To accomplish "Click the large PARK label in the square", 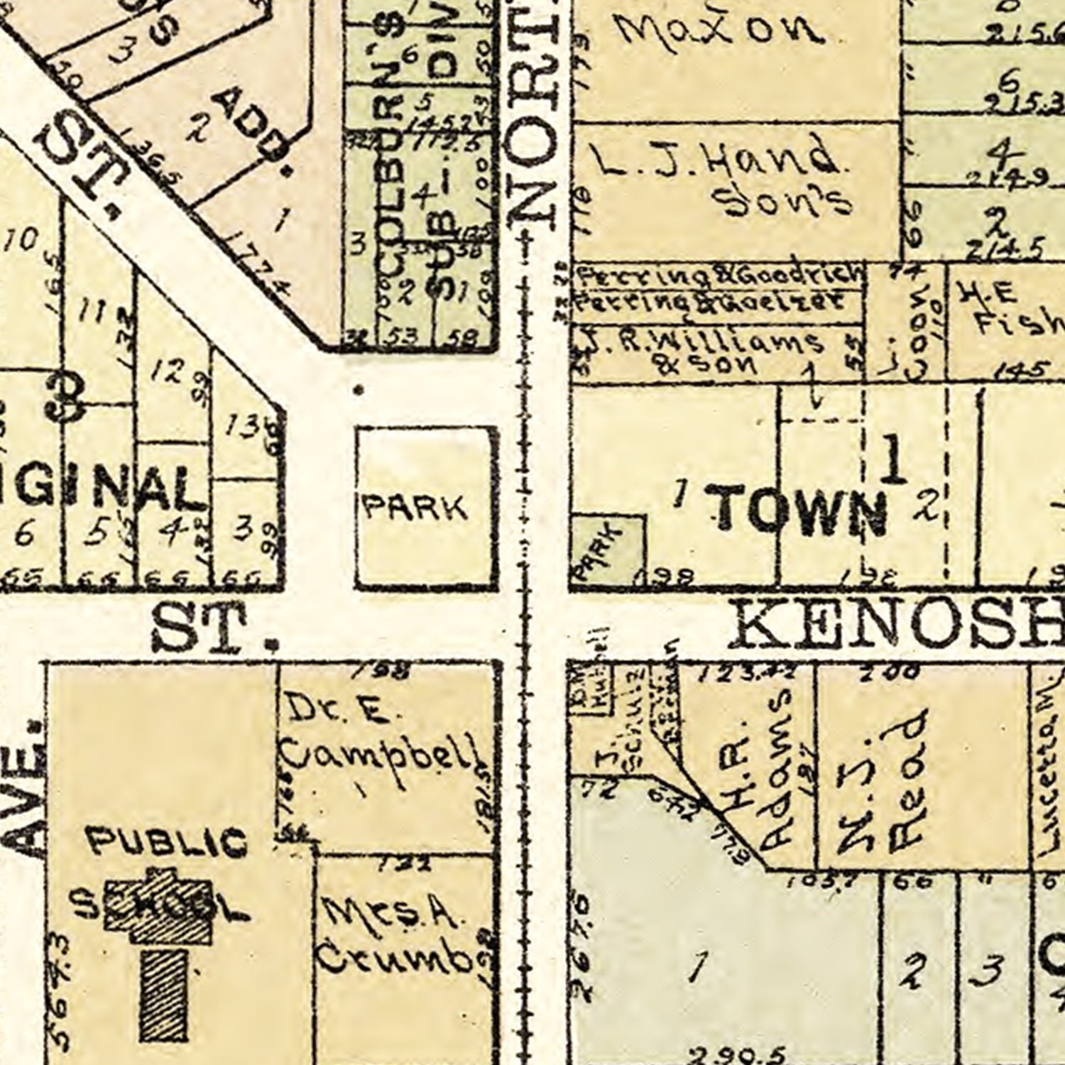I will pos(415,508).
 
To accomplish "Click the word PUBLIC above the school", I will pos(167,843).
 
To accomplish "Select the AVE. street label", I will pos(28,799).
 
